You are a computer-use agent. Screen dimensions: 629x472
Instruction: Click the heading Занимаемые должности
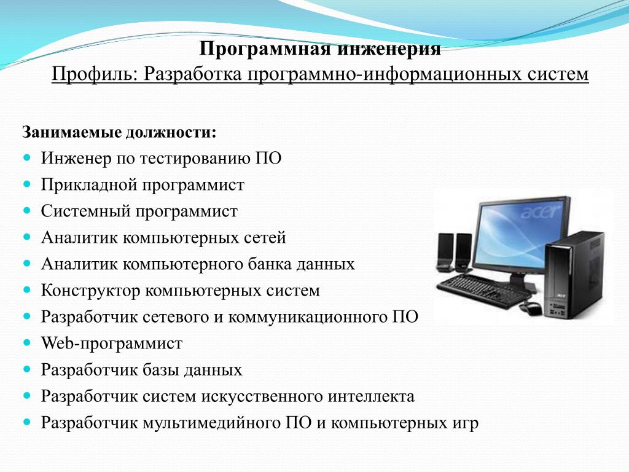coord(119,133)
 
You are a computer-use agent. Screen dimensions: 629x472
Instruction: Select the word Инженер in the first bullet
coord(76,158)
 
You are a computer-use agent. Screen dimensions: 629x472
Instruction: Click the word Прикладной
coord(88,185)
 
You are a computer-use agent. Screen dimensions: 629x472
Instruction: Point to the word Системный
coord(85,211)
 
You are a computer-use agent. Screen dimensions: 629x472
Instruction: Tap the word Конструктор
coord(90,291)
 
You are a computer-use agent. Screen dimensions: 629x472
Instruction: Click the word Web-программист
coord(112,344)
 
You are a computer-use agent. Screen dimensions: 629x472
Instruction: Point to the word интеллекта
coord(371,396)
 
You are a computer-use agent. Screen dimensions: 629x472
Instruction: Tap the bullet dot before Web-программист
coord(27,343)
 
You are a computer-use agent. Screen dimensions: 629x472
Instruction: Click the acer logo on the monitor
coord(540,210)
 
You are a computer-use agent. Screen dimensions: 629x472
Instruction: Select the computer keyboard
coord(484,291)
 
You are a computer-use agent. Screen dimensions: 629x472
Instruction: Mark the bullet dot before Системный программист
coord(27,210)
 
